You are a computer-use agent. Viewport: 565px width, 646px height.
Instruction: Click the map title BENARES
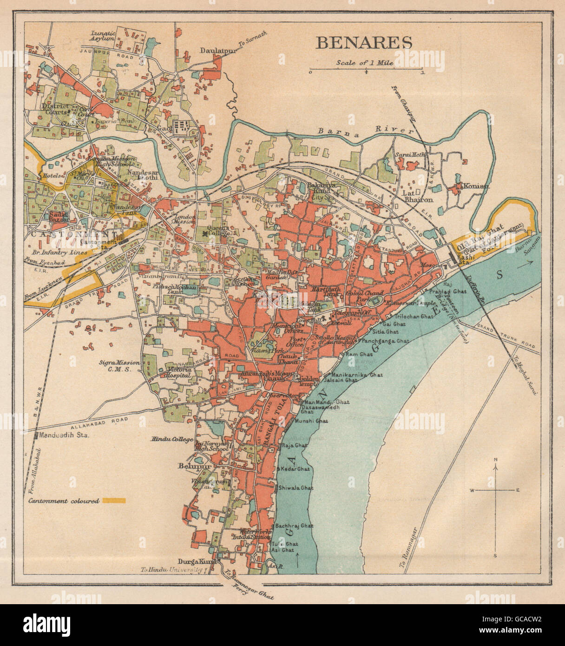(364, 42)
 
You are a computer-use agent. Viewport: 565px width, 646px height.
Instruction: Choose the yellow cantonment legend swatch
(114, 501)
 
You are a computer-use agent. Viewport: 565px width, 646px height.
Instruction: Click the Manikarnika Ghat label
(358, 374)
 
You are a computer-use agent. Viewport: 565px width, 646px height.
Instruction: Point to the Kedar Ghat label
(295, 469)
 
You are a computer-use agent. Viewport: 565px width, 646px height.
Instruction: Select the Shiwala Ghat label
(296, 488)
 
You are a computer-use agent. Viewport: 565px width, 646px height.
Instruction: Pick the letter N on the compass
(496, 460)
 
